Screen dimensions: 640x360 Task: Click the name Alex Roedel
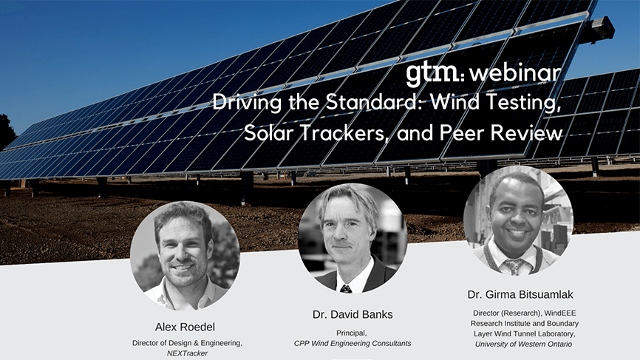point(185,327)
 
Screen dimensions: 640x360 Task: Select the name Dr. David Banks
point(353,314)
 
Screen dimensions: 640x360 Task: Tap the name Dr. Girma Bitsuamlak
point(520,294)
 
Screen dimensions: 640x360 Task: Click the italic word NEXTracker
point(187,353)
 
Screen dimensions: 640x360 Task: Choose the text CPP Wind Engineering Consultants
point(353,343)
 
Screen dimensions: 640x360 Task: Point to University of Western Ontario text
point(523,344)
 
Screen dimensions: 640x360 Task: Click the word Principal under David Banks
point(352,333)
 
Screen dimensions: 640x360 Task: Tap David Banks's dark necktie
point(346,289)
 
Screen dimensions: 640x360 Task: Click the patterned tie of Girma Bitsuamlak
point(514,266)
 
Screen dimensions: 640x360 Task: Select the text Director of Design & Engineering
point(187,343)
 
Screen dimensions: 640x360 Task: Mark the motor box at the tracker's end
point(601,29)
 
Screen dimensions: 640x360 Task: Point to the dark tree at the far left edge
point(7,132)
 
